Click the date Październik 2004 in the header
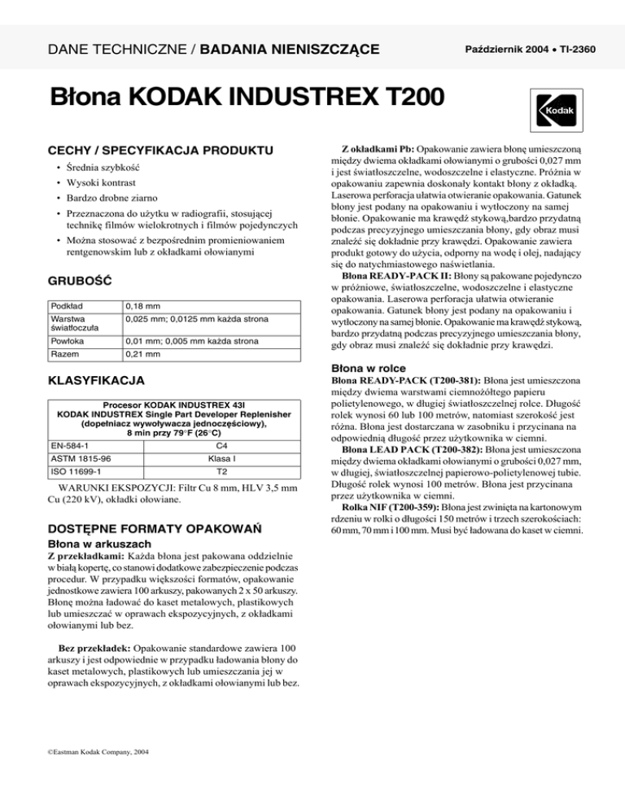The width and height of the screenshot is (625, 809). coord(496,50)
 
